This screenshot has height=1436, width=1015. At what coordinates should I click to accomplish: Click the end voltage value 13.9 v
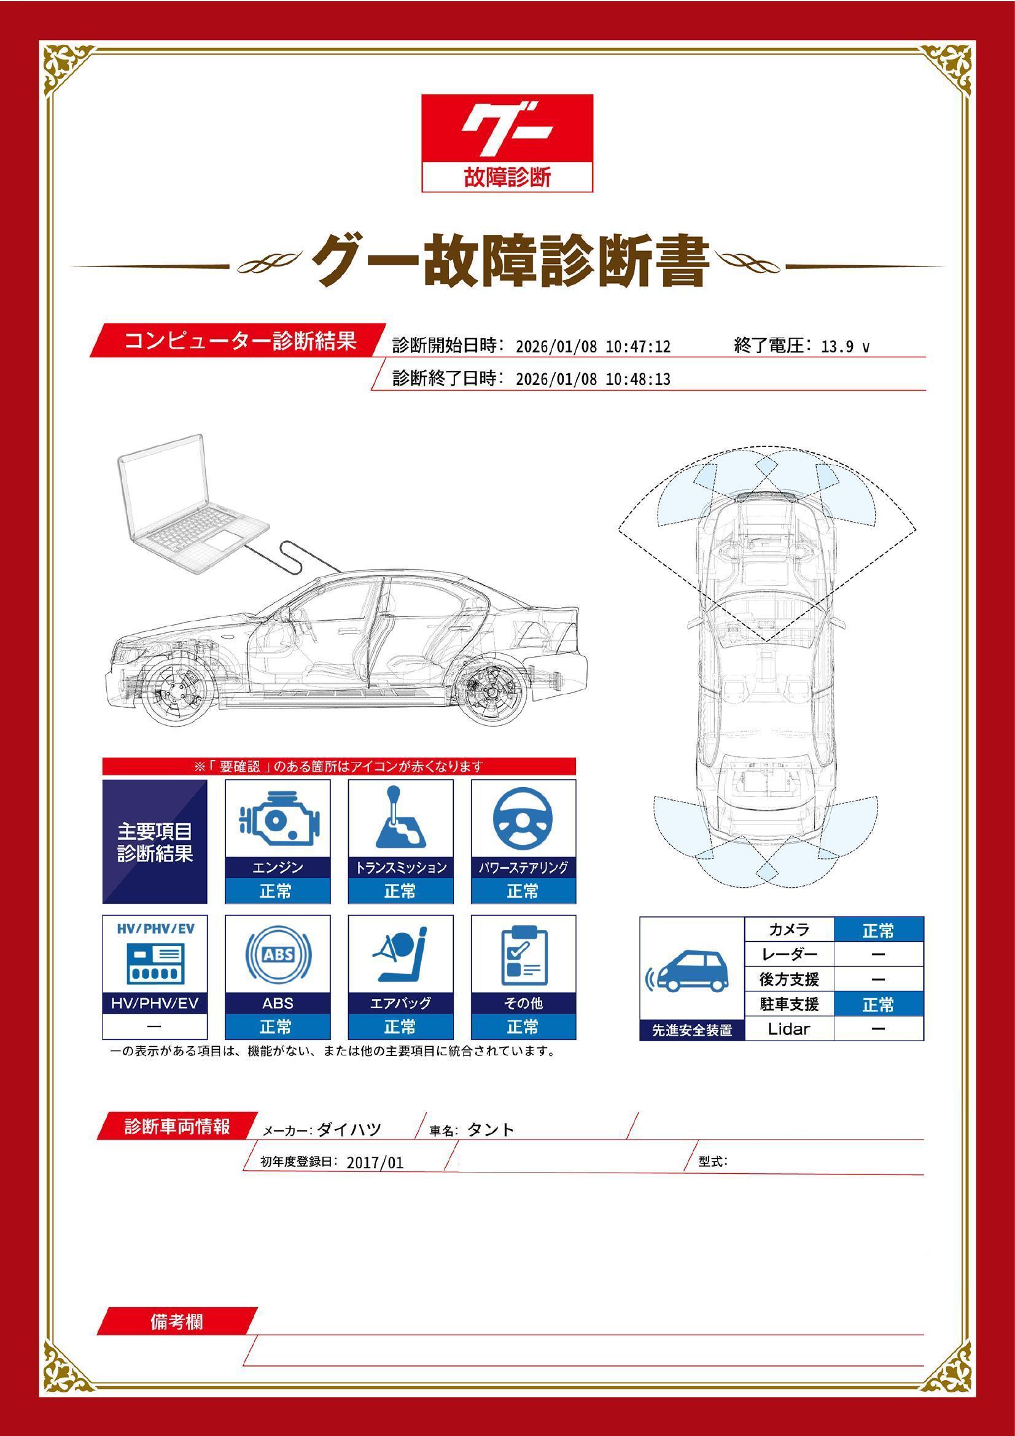pos(845,347)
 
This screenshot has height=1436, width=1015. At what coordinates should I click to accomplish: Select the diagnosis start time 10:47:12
pos(638,347)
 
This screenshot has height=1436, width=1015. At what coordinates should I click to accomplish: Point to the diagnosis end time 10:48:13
pos(638,379)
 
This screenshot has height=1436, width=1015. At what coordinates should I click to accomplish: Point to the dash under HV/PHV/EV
pos(154,1027)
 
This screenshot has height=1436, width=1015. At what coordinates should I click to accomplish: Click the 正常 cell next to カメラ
pos(878,931)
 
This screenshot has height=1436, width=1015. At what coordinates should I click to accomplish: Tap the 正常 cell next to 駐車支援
pos(878,1004)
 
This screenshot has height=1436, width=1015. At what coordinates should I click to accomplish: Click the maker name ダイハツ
pos(349,1130)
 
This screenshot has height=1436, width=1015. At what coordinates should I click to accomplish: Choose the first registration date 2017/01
pos(375,1163)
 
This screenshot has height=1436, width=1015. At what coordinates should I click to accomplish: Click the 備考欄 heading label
pos(176,1322)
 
